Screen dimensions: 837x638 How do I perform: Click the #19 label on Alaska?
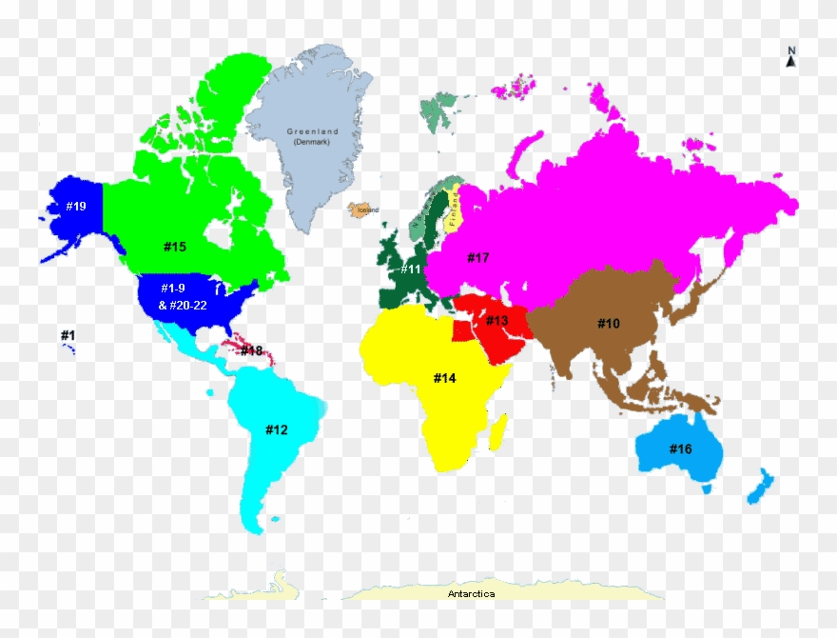click(x=76, y=206)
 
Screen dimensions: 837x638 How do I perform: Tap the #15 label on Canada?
click(x=174, y=247)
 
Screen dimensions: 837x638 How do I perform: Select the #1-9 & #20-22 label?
click(x=180, y=296)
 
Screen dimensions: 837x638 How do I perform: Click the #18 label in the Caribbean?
click(x=251, y=350)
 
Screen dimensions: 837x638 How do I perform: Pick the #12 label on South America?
click(x=276, y=429)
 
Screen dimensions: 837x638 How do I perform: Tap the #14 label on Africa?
click(x=445, y=378)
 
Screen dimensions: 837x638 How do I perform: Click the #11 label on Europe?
click(x=410, y=269)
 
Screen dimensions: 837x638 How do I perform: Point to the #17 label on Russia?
click(x=477, y=257)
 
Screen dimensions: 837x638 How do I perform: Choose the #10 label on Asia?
click(x=609, y=324)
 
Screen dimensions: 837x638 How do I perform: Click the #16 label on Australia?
click(x=680, y=449)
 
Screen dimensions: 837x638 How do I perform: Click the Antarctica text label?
click(x=472, y=594)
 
